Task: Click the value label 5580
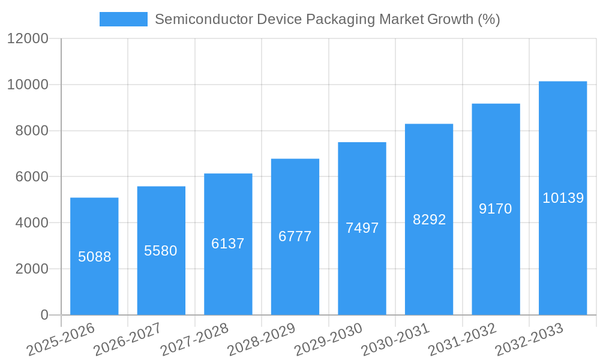coord(161,251)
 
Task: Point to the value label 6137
coord(228,244)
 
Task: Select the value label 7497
coord(362,228)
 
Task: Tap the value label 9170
coord(496,209)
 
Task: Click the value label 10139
coord(563,198)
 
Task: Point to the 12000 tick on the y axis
coord(28,39)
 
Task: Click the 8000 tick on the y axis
coord(32,131)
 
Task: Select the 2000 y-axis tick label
coord(32,269)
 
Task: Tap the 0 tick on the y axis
coord(44,315)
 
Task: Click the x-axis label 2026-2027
coord(128,339)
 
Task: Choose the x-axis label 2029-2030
coord(329,339)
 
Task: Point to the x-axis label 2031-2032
coord(463,339)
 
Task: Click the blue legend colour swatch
coord(123,19)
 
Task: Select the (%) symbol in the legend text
coord(489,19)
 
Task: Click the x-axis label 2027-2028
coord(195,339)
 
